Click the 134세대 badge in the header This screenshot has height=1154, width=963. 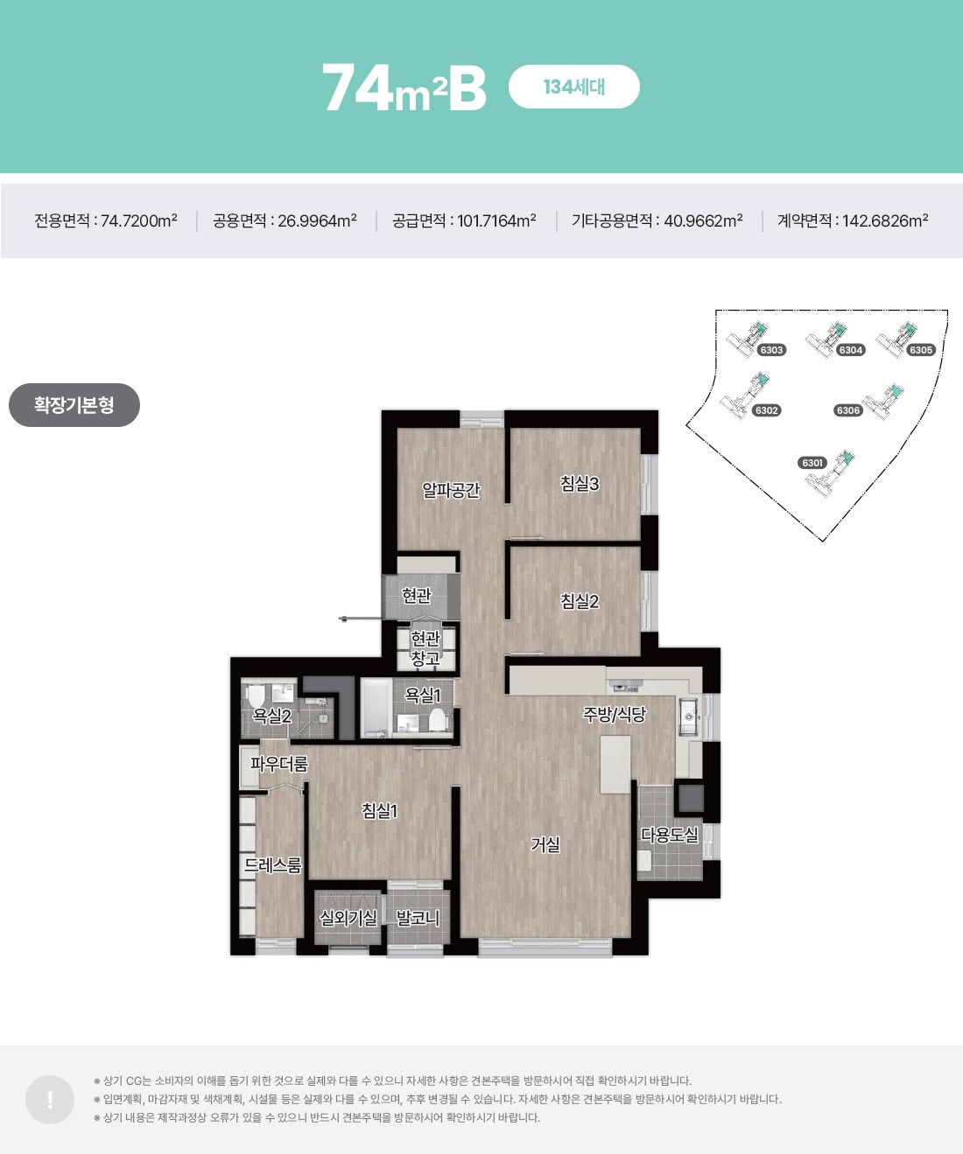point(573,87)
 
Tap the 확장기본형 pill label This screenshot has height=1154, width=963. point(74,404)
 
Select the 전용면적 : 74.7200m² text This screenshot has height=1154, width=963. point(106,220)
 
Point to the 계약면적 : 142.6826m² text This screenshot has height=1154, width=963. point(853,220)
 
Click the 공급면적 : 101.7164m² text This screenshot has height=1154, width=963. point(464,220)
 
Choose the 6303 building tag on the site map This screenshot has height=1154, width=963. point(771,350)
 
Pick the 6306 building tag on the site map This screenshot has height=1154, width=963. point(848,410)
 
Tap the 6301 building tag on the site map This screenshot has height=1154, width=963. point(812,463)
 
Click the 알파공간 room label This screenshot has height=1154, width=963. point(451,490)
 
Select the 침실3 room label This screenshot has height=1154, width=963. point(580,484)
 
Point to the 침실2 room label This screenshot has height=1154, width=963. point(580,601)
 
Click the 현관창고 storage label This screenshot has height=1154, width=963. point(425,648)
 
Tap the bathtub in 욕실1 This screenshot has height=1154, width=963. point(376,708)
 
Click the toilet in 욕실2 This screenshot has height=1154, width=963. point(257,696)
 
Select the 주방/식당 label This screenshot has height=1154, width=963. point(614,715)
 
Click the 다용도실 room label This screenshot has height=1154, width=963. point(670,835)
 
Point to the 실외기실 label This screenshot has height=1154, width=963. point(348,918)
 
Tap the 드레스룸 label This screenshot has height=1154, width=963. point(273,865)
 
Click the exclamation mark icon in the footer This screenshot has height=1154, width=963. point(50,1099)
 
